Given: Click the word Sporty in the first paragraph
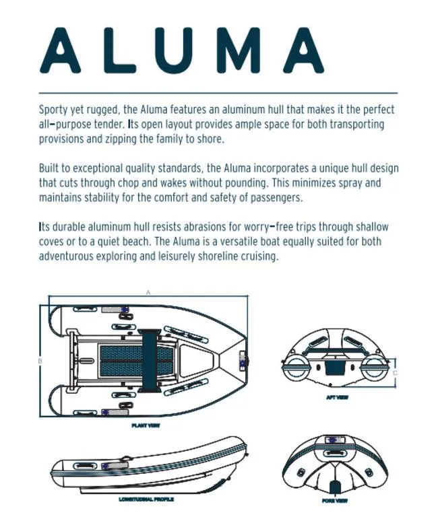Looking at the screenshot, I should click(x=55, y=110).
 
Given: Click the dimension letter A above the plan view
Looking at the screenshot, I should click(x=148, y=293).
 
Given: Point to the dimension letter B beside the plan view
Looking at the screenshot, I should click(x=40, y=361).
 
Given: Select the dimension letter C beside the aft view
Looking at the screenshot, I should click(x=395, y=372).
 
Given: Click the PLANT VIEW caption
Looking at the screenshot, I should click(x=146, y=426).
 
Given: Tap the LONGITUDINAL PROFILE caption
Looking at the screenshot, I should click(x=146, y=499).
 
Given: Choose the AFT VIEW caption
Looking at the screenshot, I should click(x=336, y=398).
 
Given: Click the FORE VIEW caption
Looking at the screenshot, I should click(x=336, y=502).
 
